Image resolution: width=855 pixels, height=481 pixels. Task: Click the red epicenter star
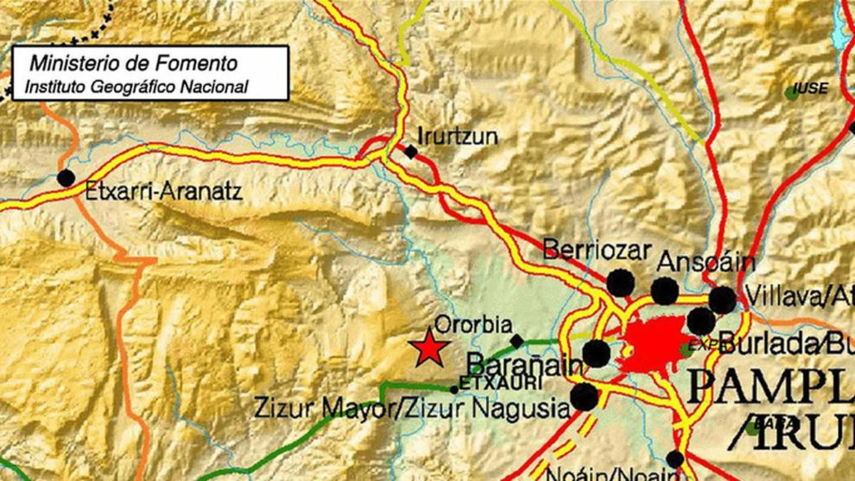[x=429, y=349]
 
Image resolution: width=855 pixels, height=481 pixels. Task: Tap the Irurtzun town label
[x=458, y=136]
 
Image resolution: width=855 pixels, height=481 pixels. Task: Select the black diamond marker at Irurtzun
[x=411, y=152]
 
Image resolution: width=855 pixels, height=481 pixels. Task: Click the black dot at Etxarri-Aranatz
[x=66, y=178]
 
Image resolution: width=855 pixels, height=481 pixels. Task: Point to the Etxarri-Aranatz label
[x=163, y=192]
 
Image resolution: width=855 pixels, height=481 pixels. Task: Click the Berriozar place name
[x=597, y=250]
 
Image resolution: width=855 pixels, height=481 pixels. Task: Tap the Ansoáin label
[x=705, y=262]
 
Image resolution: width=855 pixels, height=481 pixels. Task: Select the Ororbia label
[x=473, y=325]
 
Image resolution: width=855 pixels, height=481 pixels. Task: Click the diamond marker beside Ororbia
[x=517, y=342]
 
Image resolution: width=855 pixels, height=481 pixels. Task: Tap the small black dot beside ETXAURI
[x=454, y=390]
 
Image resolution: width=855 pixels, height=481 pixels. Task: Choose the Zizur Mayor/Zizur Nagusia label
[x=411, y=408]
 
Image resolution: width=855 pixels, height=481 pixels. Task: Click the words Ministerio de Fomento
[x=134, y=64]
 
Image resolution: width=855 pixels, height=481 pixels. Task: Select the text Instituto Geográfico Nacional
[x=136, y=87]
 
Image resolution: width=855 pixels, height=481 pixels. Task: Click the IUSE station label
[x=810, y=88]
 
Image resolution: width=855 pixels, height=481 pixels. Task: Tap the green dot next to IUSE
[x=791, y=93]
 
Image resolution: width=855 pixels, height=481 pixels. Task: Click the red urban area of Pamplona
[x=655, y=345]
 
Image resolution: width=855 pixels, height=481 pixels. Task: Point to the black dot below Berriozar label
[x=620, y=283]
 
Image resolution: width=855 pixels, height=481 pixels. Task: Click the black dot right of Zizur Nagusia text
[x=585, y=397]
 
